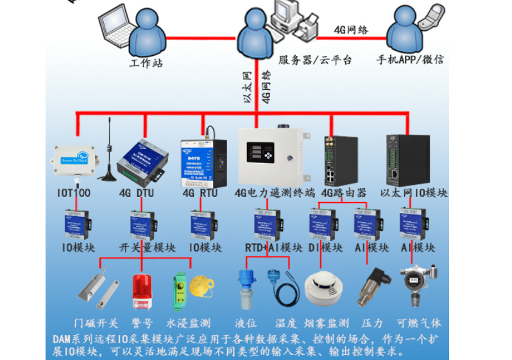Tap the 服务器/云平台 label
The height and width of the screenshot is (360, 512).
tap(315, 60)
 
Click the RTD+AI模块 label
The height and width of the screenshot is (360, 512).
tap(273, 248)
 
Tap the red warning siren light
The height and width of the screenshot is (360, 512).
tap(142, 292)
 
